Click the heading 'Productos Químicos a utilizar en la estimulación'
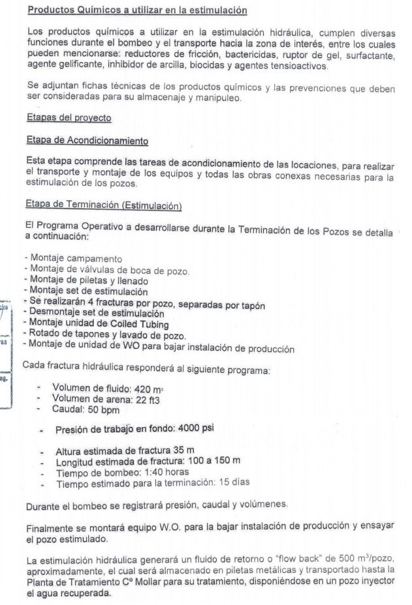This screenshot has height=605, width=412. pyautogui.click(x=138, y=10)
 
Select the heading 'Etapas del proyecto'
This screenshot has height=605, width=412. pyautogui.click(x=69, y=118)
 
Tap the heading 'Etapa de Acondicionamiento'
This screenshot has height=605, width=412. pyautogui.click(x=87, y=140)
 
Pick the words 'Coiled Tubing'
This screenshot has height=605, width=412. pyautogui.click(x=139, y=325)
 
